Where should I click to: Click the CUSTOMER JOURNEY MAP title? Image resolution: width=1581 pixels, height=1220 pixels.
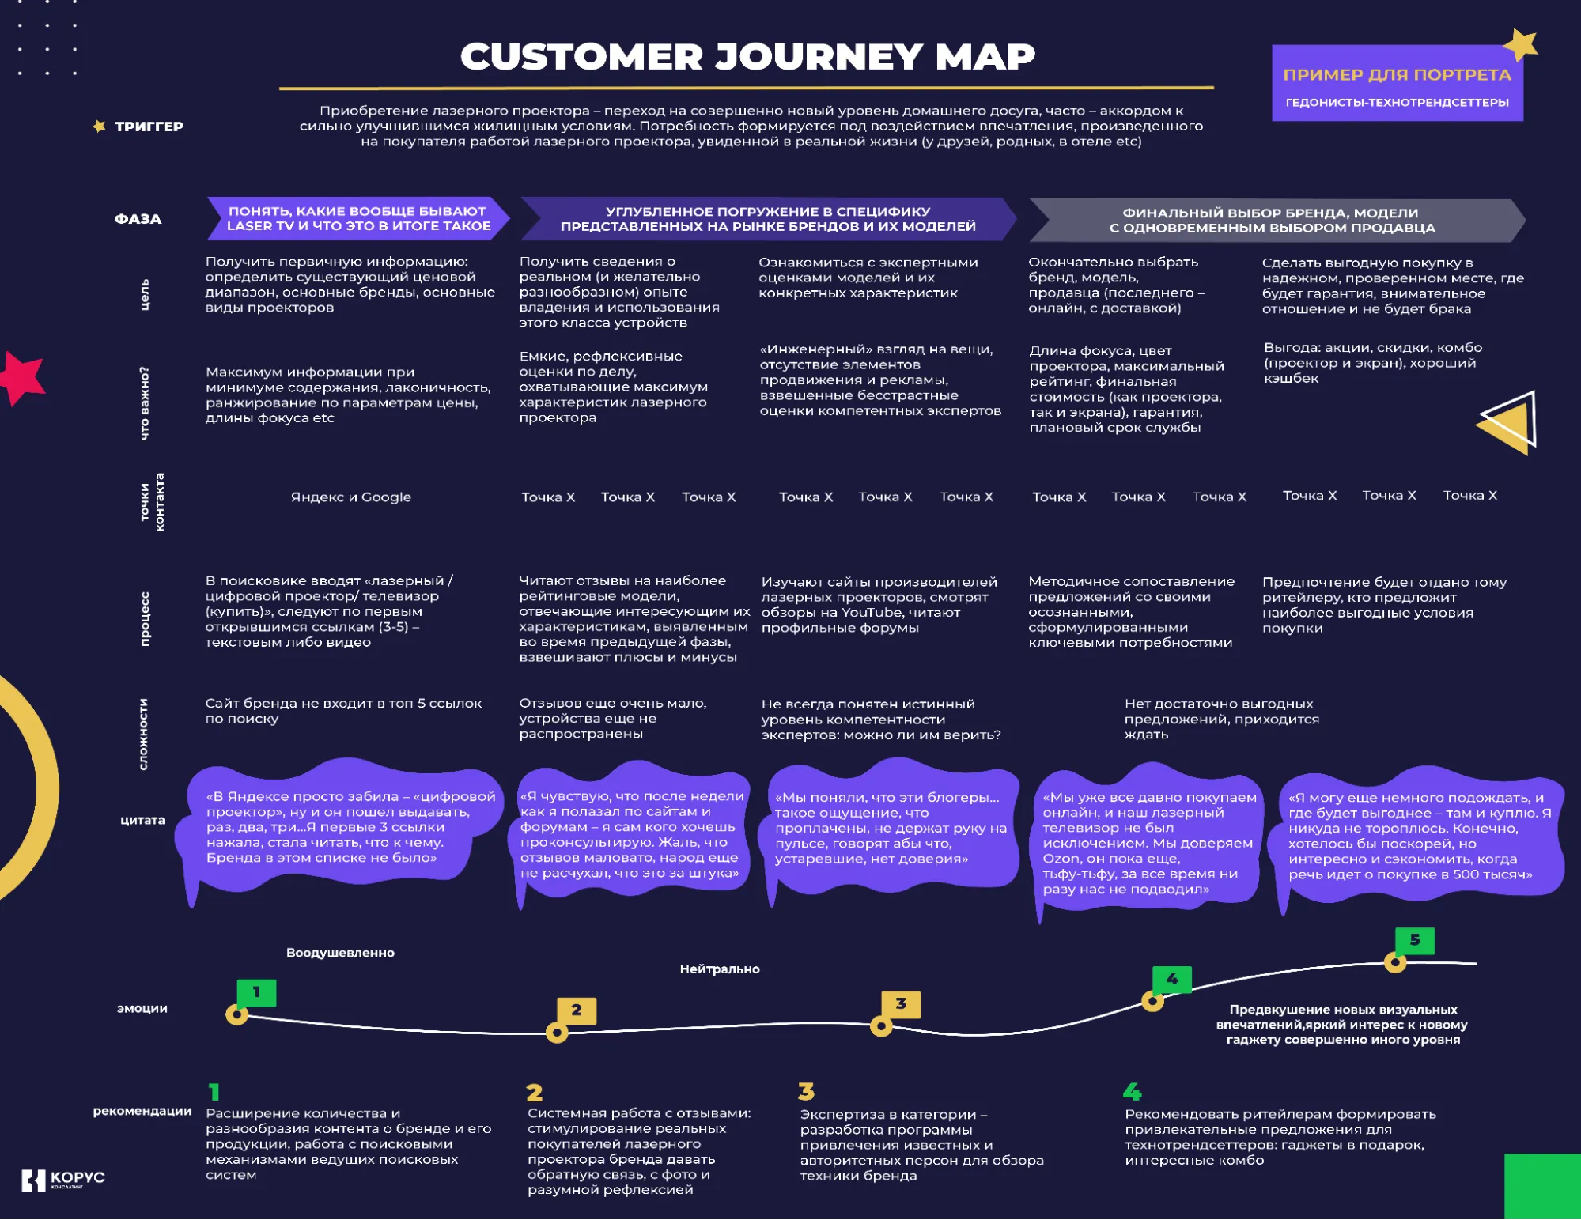click(747, 57)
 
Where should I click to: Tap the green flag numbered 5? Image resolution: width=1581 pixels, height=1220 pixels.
click(1414, 940)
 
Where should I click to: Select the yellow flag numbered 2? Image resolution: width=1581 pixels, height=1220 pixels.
click(576, 1010)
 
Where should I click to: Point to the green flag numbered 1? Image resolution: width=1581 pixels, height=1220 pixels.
click(256, 992)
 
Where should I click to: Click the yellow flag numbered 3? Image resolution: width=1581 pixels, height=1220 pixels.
click(900, 1003)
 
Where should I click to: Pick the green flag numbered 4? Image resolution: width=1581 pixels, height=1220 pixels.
click(1171, 980)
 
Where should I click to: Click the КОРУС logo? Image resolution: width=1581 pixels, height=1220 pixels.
click(63, 1179)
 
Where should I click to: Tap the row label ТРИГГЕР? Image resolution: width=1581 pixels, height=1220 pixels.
click(148, 127)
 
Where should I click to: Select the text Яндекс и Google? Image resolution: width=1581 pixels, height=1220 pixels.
click(350, 497)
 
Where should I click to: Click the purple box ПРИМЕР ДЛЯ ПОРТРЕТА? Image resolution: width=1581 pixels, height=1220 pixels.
click(1397, 84)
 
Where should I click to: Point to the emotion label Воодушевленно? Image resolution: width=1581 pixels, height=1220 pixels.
click(340, 953)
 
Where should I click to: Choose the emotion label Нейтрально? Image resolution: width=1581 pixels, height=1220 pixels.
click(719, 969)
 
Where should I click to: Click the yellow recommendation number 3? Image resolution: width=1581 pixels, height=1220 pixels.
click(806, 1092)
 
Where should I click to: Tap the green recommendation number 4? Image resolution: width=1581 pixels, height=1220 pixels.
click(1132, 1092)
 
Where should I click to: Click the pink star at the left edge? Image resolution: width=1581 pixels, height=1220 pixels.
click(22, 377)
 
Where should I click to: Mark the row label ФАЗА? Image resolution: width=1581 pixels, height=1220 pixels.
click(138, 219)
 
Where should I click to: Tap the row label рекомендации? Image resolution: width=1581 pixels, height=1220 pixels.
click(142, 1111)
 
